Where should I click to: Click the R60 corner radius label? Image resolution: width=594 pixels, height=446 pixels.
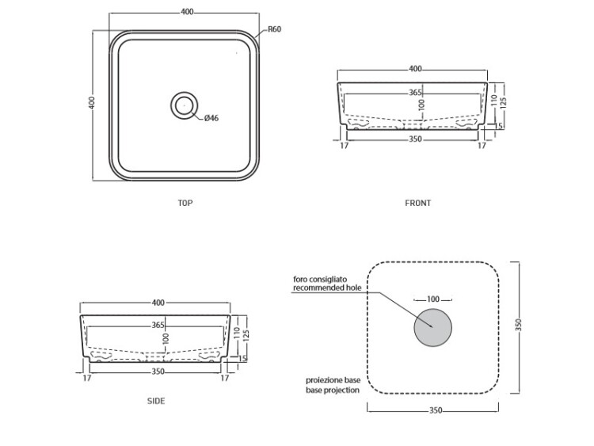tap(274, 29)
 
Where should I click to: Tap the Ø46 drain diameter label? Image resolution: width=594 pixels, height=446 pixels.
tap(211, 118)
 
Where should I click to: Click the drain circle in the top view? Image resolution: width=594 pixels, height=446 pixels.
tap(184, 105)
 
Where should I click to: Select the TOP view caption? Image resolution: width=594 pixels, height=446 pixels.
tap(185, 203)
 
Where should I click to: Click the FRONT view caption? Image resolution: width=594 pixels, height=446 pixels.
tap(418, 203)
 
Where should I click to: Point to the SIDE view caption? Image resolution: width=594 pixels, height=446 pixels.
tap(156, 401)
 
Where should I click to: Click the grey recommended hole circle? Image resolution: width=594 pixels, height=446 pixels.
tap(432, 327)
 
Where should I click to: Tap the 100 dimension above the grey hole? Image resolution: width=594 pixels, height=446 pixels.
tap(433, 299)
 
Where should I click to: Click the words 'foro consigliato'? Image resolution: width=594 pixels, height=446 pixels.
tap(320, 280)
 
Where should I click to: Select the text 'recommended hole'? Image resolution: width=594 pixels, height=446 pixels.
tap(327, 288)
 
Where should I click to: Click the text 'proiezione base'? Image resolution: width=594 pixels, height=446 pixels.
tap(333, 380)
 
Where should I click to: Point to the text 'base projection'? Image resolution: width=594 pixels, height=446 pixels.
tap(333, 390)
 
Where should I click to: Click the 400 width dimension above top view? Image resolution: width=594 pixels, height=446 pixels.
tap(187, 12)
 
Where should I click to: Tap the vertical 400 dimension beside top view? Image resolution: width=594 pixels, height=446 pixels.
tap(92, 103)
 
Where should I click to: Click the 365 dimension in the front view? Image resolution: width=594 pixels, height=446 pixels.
tap(415, 93)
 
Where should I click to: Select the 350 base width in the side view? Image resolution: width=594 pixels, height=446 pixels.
tap(158, 372)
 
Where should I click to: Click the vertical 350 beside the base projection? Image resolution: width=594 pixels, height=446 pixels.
tap(519, 325)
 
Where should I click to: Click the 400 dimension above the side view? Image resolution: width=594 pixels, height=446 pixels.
tap(158, 303)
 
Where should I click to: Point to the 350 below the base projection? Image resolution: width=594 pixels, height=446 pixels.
tap(436, 410)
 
